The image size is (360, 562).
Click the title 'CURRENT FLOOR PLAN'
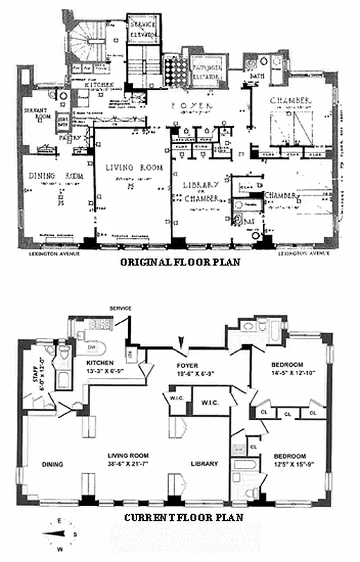pos(184,517)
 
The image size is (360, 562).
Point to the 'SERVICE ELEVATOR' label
pos(144,27)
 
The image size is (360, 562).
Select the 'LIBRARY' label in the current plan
pos(204,464)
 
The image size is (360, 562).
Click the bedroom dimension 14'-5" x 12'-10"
pos(288,373)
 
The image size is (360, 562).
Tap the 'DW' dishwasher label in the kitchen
pos(90,347)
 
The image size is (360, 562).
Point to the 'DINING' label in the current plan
pos(53,464)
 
